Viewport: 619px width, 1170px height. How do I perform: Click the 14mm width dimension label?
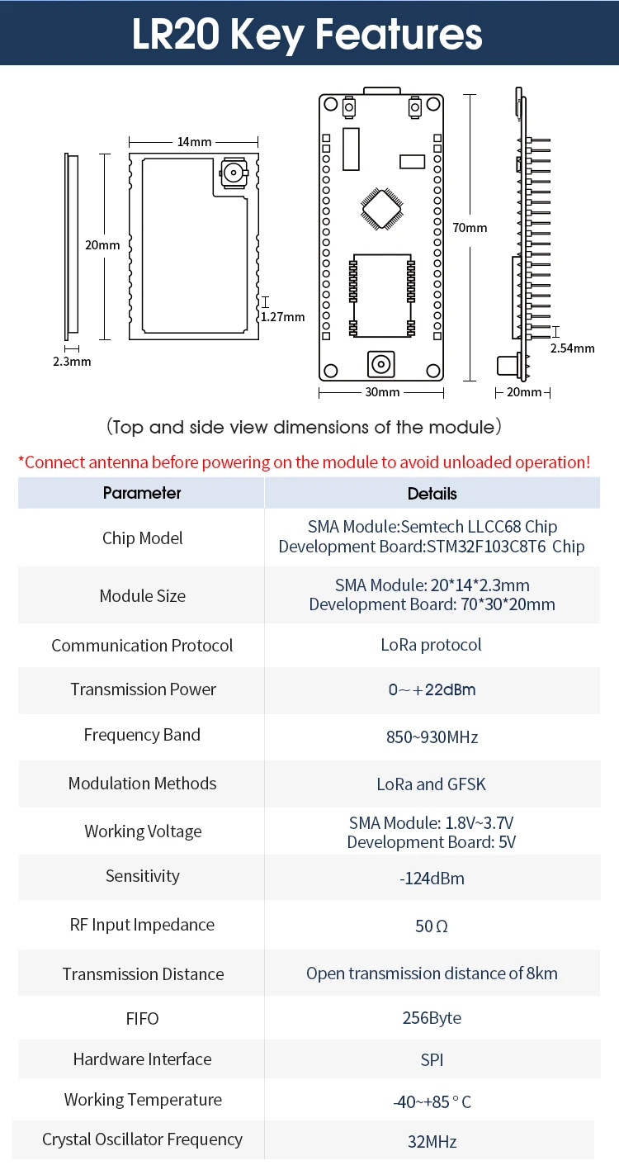[x=194, y=142]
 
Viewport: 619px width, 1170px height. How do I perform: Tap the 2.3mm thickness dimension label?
[x=72, y=362]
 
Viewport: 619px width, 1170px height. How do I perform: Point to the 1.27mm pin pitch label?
[x=282, y=316]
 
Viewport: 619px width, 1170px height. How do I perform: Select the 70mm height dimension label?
[x=470, y=228]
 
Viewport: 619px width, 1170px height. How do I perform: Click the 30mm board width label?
[x=382, y=392]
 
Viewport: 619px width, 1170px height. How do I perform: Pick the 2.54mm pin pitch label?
[x=572, y=348]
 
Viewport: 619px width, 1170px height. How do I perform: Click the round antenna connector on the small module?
[x=232, y=174]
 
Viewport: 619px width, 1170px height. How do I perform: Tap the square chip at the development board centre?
[x=380, y=208]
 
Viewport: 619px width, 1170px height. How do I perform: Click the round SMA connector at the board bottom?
[x=380, y=363]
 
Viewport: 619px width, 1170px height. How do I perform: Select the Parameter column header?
[x=142, y=493]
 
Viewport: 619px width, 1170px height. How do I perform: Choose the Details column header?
[x=432, y=494]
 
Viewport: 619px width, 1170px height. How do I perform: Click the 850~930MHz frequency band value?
[x=432, y=737]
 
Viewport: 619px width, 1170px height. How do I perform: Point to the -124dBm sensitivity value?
[x=432, y=878]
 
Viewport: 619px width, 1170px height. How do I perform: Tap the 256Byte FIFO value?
[x=432, y=1018]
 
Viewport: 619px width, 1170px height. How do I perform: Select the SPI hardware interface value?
[x=432, y=1059]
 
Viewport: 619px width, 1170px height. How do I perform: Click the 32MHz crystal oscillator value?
[x=432, y=1142]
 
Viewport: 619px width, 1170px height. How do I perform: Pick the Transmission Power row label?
[x=143, y=689]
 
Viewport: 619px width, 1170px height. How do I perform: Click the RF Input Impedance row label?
[x=142, y=925]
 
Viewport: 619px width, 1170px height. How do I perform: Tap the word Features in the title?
[x=399, y=35]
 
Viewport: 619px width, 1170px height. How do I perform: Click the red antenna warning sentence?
[x=304, y=462]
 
